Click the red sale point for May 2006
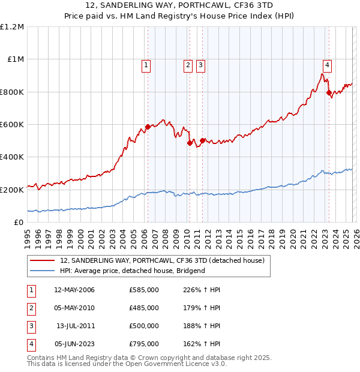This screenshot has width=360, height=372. [x=148, y=127]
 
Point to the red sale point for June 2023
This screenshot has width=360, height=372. [x=329, y=92]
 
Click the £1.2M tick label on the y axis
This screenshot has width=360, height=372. [x=12, y=27]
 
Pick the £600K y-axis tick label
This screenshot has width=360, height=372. [x=12, y=124]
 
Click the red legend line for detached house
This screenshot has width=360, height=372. [x=42, y=260]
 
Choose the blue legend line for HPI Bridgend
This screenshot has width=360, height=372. [x=42, y=271]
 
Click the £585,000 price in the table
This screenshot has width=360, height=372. [x=144, y=290]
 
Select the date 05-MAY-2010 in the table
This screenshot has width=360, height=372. [x=74, y=308]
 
